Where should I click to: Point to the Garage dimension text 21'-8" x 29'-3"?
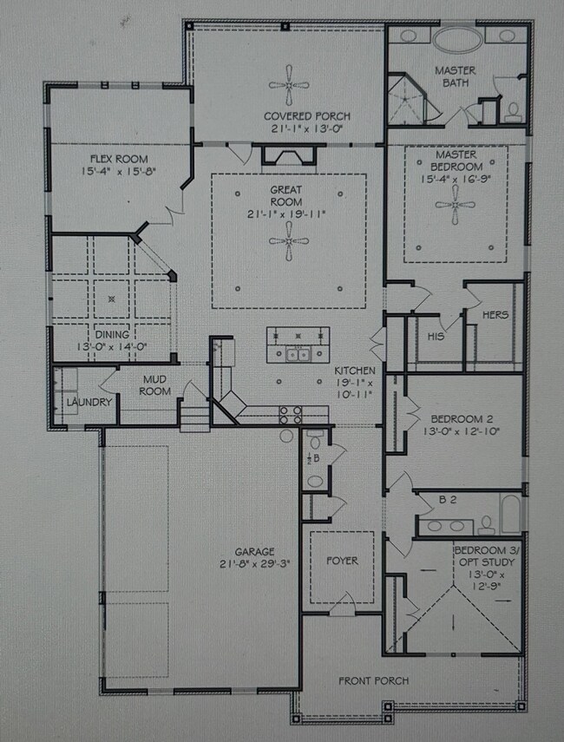tap(254, 563)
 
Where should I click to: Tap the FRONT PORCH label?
tap(373, 680)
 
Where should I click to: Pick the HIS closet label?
tap(436, 335)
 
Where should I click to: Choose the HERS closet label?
tap(495, 315)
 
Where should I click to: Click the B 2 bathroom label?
tap(447, 500)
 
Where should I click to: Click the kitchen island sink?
tap(298, 353)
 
